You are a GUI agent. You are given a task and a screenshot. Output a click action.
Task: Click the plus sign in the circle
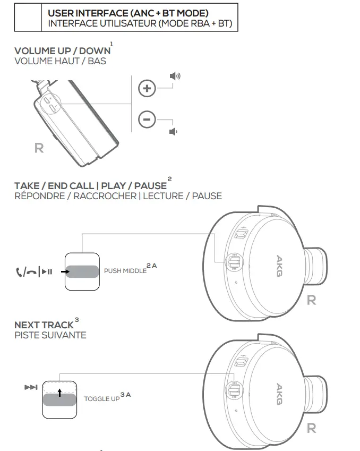147,89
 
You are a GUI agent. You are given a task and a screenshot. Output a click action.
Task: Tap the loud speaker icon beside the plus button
175,76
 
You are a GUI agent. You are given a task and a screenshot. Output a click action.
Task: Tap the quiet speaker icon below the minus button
173,132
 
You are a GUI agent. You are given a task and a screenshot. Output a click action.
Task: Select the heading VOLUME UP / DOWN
62,51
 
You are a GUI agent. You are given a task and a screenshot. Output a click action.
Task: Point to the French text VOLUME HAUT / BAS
60,61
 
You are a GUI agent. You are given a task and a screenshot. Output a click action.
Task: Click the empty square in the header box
28,18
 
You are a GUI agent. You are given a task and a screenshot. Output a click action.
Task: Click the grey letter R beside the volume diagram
39,148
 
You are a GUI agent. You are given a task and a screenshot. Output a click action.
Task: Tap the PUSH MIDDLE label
125,271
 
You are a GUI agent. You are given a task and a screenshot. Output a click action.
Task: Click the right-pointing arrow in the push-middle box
64,271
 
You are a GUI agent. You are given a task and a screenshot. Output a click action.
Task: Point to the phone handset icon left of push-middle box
20,272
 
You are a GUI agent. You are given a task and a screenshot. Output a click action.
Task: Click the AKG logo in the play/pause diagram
280,263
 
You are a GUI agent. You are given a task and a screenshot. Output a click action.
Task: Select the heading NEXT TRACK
44,325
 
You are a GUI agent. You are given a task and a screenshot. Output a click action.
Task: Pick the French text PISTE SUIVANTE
50,335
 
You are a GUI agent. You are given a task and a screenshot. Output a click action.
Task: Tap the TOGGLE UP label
101,398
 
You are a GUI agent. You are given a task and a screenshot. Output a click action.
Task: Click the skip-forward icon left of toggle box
31,387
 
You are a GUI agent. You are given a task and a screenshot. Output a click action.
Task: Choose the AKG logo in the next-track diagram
279,394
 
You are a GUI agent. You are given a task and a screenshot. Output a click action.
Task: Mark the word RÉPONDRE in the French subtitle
39,196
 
